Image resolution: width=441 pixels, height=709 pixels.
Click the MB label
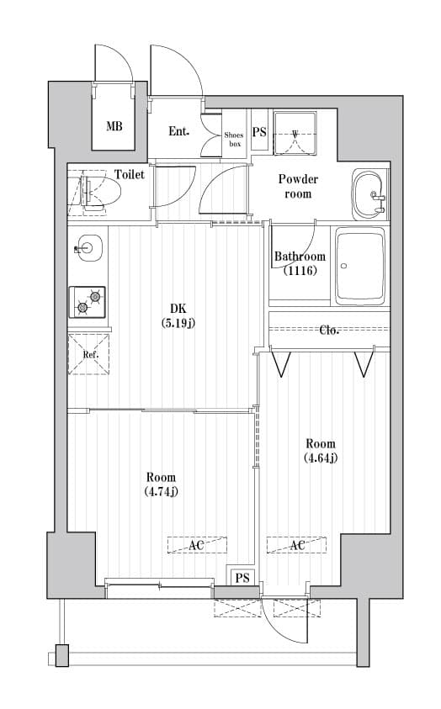(114, 128)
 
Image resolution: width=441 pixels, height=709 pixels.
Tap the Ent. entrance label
(178, 131)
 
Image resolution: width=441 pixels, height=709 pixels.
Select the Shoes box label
(234, 139)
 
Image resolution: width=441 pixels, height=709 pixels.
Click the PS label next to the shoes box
(259, 132)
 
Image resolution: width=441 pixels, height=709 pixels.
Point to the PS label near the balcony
(242, 578)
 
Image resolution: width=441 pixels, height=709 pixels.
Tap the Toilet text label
(130, 175)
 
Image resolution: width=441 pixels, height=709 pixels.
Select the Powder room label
(298, 186)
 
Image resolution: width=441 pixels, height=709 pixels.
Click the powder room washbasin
(369, 193)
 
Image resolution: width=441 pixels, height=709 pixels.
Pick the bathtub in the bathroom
(360, 267)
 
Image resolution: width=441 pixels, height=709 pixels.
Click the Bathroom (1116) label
(299, 263)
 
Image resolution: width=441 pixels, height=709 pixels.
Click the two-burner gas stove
(88, 301)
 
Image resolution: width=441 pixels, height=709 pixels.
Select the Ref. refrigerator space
(90, 354)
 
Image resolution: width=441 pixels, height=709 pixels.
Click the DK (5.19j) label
(178, 315)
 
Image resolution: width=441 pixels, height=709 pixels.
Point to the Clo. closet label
(329, 330)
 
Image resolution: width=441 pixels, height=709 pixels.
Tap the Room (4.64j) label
(320, 450)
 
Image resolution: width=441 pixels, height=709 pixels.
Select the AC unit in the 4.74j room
(197, 546)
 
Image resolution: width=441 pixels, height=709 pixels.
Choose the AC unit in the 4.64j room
(296, 546)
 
